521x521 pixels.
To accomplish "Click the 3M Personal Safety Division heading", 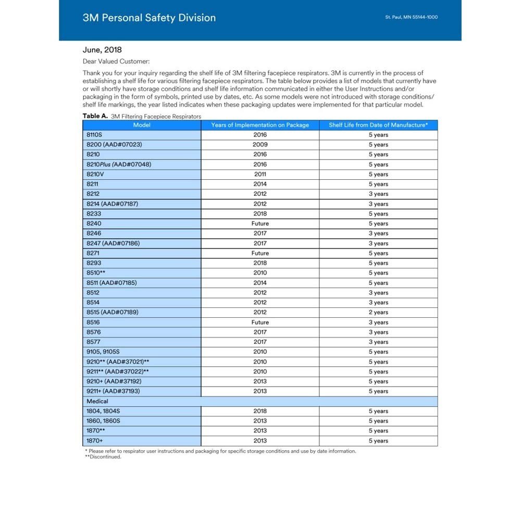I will point(149,18).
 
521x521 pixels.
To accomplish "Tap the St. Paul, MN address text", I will point(411,17).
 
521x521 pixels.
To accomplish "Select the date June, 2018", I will point(102,50).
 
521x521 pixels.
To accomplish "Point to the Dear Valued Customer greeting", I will point(116,61).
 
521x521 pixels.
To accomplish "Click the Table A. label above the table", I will point(95,116).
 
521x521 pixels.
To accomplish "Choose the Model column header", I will point(142,125).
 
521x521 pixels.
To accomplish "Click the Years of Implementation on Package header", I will point(260,125).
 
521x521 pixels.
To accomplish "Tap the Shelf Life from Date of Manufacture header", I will point(378,125).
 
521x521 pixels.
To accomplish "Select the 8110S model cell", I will point(95,135).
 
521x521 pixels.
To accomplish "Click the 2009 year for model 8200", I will point(260,144).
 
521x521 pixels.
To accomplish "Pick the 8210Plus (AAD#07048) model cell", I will point(119,164).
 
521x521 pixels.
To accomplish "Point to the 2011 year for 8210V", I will point(260,174).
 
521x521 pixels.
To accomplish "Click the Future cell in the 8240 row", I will point(260,224).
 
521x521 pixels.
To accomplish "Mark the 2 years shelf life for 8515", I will point(378,313).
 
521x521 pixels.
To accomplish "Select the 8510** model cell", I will point(96,273).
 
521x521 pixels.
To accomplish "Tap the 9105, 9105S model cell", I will point(104,352).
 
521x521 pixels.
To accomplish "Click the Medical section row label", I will point(97,401).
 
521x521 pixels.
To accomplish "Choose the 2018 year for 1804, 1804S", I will point(260,411).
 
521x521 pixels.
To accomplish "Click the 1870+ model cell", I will point(95,441).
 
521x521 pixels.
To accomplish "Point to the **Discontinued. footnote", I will point(103,457).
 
